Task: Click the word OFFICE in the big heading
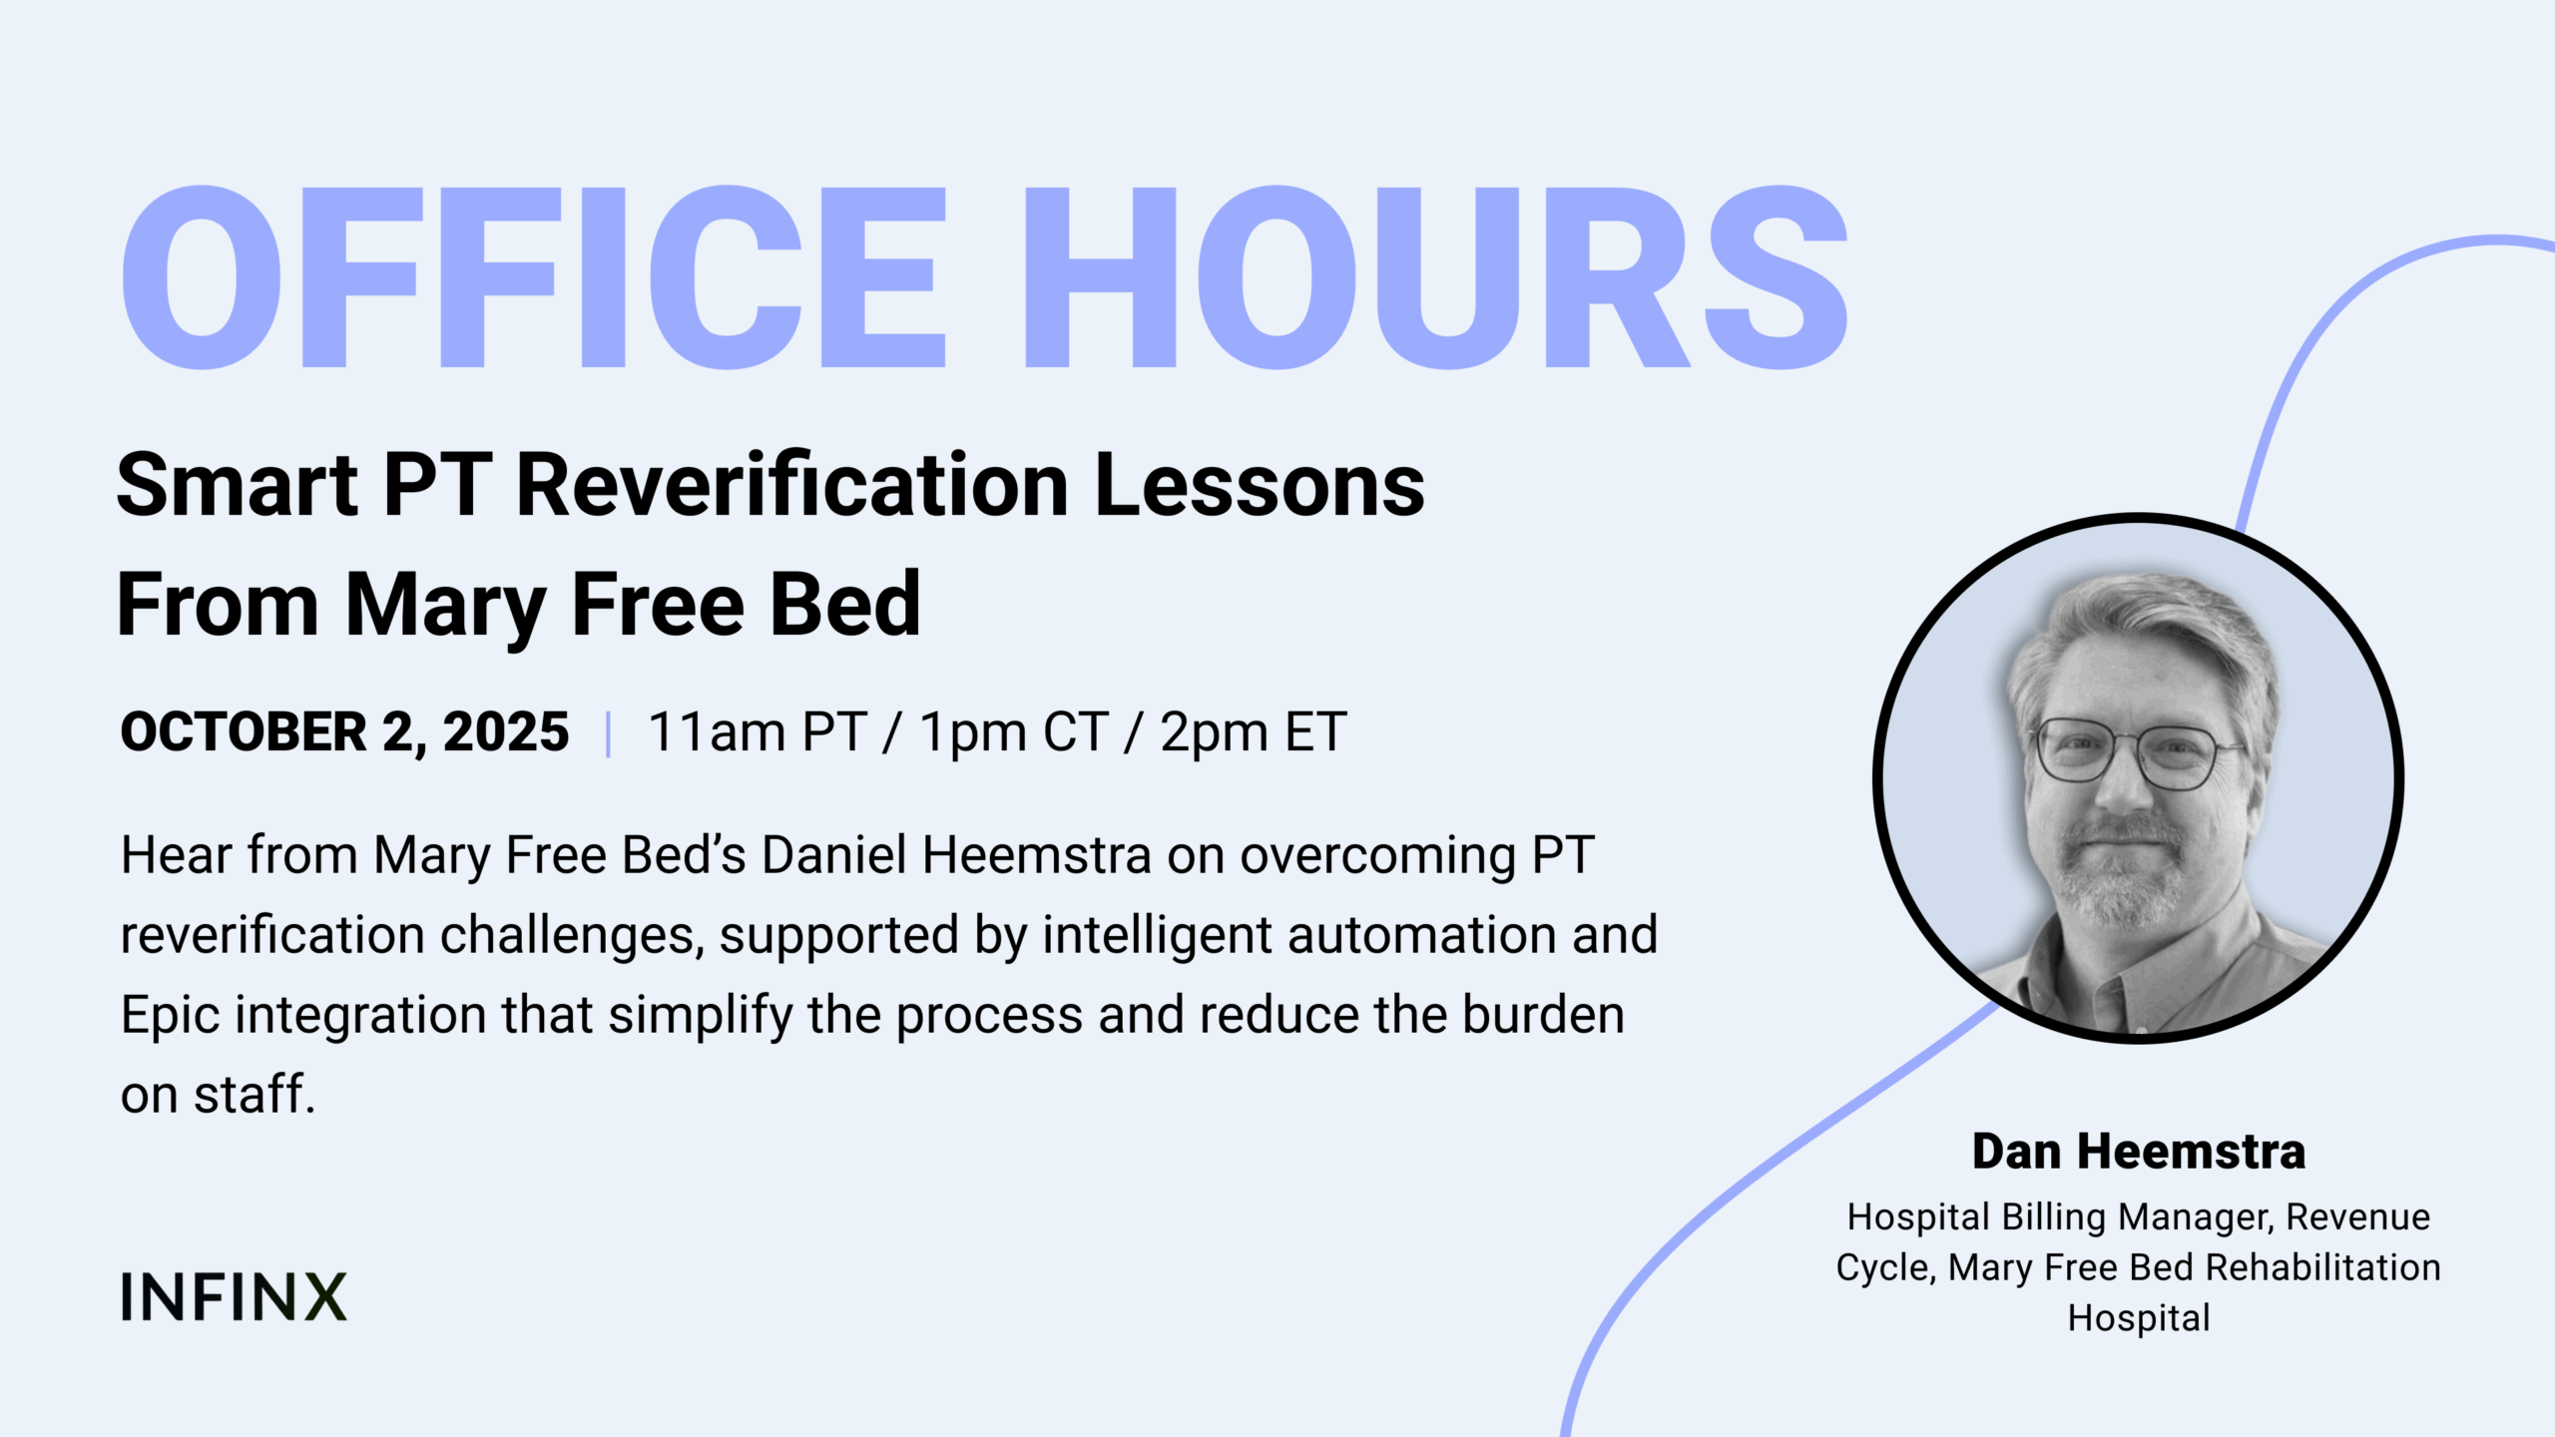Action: click(534, 277)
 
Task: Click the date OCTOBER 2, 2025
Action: click(344, 731)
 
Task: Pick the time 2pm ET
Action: click(1254, 733)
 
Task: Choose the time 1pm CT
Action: click(1013, 733)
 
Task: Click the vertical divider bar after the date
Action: click(608, 733)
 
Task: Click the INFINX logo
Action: click(234, 1296)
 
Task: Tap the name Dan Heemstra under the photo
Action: click(2139, 1151)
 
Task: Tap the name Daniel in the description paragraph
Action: click(834, 855)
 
